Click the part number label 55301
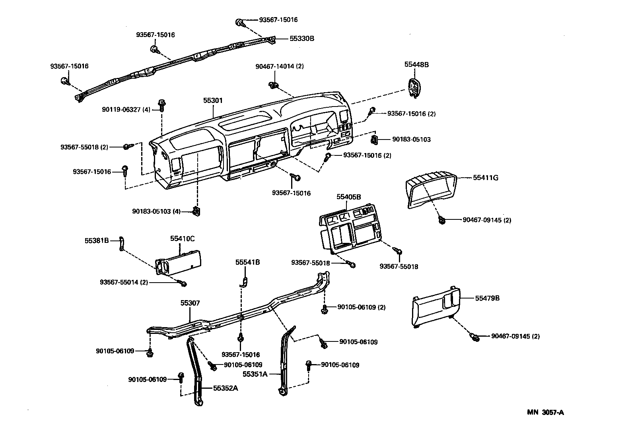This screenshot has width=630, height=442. coord(213,101)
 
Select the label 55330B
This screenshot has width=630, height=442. coord(302,39)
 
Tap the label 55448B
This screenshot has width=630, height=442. coord(416,64)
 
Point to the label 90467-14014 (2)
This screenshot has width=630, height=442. coord(280,66)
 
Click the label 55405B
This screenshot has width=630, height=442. coord(348,196)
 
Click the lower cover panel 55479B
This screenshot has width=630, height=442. coord(436,308)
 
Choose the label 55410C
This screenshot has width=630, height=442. coord(182,238)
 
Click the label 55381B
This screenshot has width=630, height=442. coord(96,240)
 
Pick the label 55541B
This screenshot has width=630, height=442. coord(247,262)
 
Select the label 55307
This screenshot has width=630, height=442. coord(190,303)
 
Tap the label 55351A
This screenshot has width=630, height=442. coord(255,374)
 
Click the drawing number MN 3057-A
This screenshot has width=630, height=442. coord(545,412)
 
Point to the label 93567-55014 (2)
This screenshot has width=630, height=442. coord(124,282)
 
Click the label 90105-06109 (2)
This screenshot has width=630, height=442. coord(361,307)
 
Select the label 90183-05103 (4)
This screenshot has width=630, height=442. coord(157,211)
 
